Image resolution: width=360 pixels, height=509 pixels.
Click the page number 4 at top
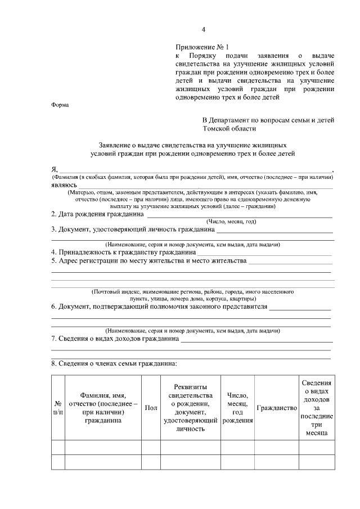204,30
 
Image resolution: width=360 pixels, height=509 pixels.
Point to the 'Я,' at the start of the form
55,169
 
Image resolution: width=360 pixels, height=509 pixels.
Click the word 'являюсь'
64,184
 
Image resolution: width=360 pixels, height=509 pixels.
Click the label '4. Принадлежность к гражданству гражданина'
123,253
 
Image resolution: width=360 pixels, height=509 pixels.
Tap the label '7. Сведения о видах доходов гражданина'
115,339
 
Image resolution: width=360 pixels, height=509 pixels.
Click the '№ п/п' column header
57,407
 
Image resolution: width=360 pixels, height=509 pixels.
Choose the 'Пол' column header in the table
151,408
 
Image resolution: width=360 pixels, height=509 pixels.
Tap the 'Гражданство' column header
276,408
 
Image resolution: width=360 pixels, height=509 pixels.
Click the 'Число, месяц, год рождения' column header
237,408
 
